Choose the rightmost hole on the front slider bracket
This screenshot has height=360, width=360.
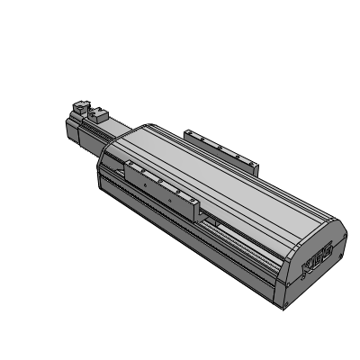pos(190,199)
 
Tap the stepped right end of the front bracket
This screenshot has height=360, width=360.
pos(198,209)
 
